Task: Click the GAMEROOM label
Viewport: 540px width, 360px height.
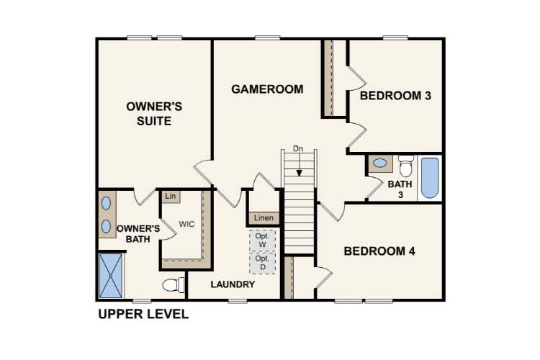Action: tap(267, 89)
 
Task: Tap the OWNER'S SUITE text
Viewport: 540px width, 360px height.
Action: tap(154, 114)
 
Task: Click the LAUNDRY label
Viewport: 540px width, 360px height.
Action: tap(233, 284)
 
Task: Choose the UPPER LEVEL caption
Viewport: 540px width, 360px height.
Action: tap(143, 314)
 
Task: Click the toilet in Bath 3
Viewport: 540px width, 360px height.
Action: tap(405, 166)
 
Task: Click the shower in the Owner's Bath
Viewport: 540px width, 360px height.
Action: tap(111, 275)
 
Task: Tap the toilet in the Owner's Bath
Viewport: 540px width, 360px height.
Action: tap(171, 285)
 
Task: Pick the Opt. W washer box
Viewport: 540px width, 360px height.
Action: tap(262, 240)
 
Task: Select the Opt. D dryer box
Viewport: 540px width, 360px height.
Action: tap(262, 263)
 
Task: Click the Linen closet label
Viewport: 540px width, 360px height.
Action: tap(264, 218)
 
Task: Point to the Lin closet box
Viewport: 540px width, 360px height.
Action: tap(171, 196)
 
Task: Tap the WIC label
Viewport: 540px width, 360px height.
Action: tap(186, 224)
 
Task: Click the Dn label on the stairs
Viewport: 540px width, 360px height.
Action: tap(298, 149)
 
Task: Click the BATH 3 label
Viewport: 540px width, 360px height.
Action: tap(401, 189)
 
